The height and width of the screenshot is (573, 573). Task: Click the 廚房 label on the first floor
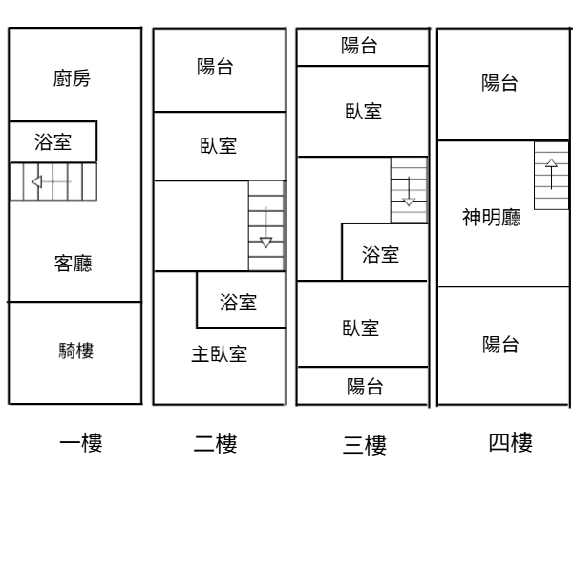pos(72,78)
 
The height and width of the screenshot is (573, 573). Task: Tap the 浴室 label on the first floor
pos(53,141)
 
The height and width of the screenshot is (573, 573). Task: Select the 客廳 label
pos(74,264)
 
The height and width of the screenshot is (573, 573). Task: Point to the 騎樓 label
pos(76,350)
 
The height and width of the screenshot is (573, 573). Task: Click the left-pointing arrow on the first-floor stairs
pos(52,181)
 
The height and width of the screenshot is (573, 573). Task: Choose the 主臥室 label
pos(220,354)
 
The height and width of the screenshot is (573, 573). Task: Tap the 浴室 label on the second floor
pos(238,302)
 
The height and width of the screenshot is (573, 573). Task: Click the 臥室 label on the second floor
pos(219,145)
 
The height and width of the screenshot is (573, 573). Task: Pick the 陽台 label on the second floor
pos(215,67)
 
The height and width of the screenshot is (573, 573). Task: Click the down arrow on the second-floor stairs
pos(266,227)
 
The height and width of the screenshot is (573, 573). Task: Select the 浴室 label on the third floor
pos(380,254)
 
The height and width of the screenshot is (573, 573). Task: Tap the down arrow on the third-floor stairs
pos(409,192)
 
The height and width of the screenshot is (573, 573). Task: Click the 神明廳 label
pos(492,218)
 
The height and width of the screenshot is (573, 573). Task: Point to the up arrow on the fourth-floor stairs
pos(551,174)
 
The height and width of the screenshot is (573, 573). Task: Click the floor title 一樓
pos(81,442)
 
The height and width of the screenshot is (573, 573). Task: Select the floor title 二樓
pos(216,443)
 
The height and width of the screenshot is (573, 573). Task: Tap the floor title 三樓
pos(365,445)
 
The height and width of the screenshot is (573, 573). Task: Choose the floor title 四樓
pos(511,442)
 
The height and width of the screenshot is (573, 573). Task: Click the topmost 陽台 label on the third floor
pos(360,46)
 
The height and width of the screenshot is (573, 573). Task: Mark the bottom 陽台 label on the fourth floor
pos(500,344)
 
